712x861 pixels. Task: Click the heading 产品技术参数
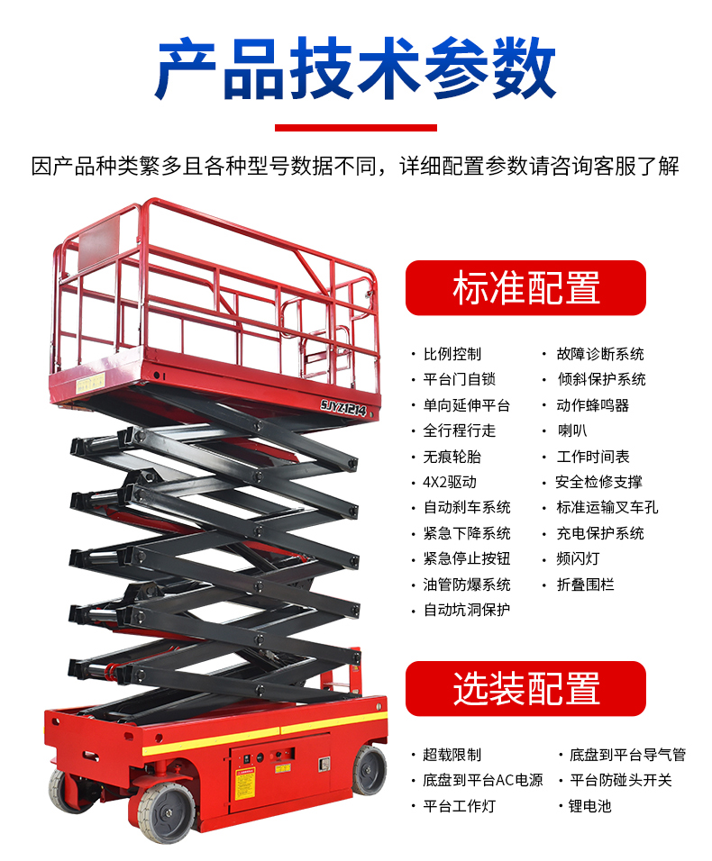coord(356,68)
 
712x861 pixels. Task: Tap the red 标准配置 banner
coord(525,287)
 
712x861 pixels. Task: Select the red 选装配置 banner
coord(525,689)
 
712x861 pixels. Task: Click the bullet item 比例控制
coord(452,354)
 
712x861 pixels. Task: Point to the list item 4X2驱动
coord(450,482)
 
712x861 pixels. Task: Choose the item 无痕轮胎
coord(452,457)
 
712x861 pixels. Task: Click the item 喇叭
coord(572,430)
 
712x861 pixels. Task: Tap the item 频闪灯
coord(578,558)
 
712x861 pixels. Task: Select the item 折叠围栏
coord(585,585)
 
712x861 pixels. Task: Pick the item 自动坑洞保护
coord(467,610)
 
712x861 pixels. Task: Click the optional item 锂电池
coord(589,806)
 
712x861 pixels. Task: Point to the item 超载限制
coord(452,755)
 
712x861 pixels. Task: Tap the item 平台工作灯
coord(460,806)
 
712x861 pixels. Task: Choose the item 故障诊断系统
coord(600,354)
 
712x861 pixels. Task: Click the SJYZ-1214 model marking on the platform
coord(343,408)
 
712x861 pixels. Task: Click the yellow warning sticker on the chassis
coord(245,784)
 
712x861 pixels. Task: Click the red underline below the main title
coord(356,128)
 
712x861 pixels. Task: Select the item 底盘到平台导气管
coord(627,755)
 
